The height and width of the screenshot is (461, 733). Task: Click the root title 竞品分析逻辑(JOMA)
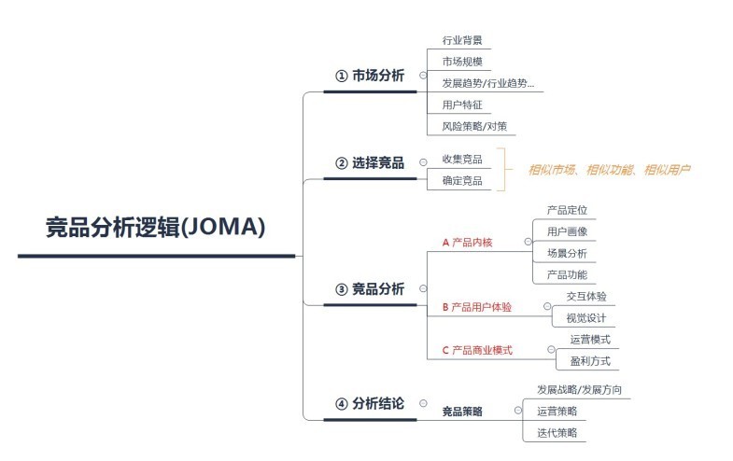click(156, 227)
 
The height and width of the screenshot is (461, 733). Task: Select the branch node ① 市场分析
click(370, 76)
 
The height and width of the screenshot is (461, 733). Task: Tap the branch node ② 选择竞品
click(370, 163)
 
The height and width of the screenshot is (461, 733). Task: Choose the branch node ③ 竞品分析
click(370, 288)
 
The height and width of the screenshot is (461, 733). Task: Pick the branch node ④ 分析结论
click(370, 404)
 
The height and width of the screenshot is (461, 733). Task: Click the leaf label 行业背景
click(462, 41)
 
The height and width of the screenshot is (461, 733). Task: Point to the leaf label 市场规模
click(462, 62)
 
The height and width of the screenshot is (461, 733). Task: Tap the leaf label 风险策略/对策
click(473, 126)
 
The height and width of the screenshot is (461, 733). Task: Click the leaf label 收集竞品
click(462, 159)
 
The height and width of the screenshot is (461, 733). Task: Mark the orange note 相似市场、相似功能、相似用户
click(609, 170)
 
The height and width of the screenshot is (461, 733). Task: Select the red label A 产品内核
click(467, 243)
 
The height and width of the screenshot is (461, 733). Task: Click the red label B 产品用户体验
click(476, 306)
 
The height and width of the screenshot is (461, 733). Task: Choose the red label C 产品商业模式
click(477, 351)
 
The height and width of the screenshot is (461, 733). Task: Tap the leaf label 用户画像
click(567, 231)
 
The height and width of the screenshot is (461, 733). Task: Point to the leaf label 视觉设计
click(586, 318)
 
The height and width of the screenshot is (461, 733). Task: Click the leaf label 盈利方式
click(589, 361)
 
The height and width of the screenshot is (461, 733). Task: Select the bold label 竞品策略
click(462, 411)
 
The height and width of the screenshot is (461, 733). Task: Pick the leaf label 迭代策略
click(557, 432)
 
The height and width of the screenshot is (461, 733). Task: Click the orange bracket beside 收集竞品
click(503, 169)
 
